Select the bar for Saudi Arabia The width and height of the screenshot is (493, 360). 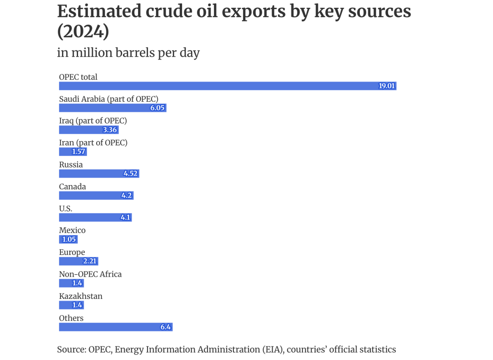click(113, 108)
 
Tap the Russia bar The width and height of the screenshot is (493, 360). click(99, 174)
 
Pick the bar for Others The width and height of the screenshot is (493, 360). click(115, 327)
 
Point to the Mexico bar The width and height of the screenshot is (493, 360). click(68, 239)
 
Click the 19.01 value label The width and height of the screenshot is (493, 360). click(387, 86)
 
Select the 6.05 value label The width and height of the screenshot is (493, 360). click(157, 108)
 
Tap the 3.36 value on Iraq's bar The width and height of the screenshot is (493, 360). click(110, 130)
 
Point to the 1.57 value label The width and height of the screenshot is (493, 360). click(78, 152)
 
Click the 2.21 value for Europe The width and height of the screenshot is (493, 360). click(90, 261)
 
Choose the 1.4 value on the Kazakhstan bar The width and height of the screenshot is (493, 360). click(77, 305)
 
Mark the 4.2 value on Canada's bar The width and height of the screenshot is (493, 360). click(126, 196)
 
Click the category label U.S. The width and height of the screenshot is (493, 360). click(66, 209)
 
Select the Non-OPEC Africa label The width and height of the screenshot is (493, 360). click(90, 274)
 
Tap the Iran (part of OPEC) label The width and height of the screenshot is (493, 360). click(93, 143)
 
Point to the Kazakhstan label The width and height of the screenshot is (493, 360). click(81, 296)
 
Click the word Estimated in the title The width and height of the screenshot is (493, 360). click(99, 12)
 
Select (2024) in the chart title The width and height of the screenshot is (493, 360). click(83, 32)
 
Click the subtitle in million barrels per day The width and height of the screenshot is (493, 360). click(128, 53)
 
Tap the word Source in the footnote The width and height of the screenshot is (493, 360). click(71, 350)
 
